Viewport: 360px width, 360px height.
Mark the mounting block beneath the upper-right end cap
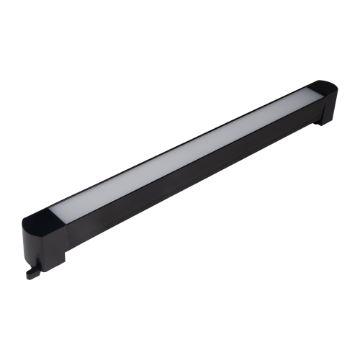(328, 115)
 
